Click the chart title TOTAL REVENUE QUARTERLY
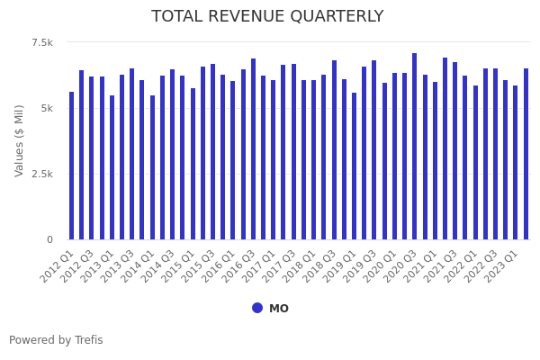pos(267,16)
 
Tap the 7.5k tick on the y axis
pos(42,42)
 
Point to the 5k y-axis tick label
pos(46,108)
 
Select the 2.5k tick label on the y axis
pos(42,174)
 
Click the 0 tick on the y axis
pos(49,239)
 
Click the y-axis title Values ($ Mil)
pos(20,139)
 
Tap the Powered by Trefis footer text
pos(56,340)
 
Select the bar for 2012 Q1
pos(72,166)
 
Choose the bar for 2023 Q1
pos(516,162)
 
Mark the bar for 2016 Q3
pos(254,148)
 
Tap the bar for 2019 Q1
pos(355,166)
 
